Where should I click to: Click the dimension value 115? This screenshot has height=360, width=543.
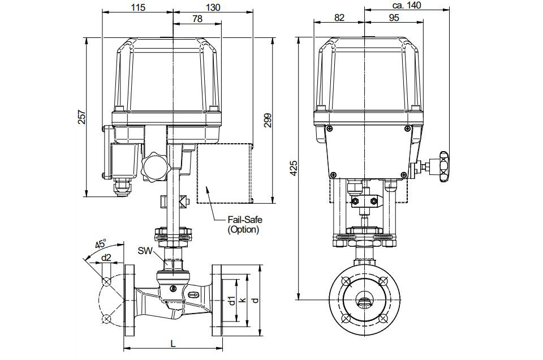pyautogui.click(x=137, y=7)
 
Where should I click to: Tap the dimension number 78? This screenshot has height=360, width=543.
pyautogui.click(x=197, y=19)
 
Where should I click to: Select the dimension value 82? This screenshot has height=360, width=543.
pyautogui.click(x=339, y=18)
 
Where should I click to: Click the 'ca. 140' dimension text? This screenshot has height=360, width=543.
pyautogui.click(x=407, y=6)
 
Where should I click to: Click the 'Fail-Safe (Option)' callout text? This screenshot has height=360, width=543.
pyautogui.click(x=244, y=225)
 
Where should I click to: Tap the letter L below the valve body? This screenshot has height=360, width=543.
pyautogui.click(x=173, y=343)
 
